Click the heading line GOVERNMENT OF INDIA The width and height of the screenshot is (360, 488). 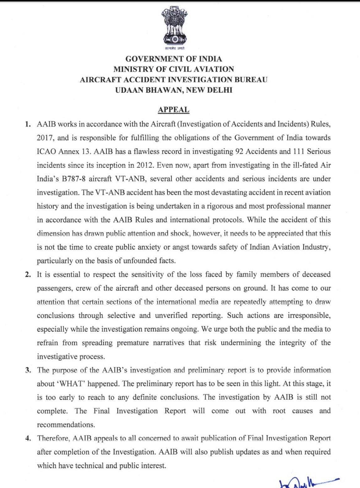174,59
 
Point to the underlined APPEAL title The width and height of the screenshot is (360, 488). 173,110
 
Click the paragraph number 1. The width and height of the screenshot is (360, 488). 28,124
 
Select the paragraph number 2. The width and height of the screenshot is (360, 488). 28,275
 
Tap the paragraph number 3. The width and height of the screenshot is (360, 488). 28,370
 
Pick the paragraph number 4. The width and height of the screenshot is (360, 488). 28,438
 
